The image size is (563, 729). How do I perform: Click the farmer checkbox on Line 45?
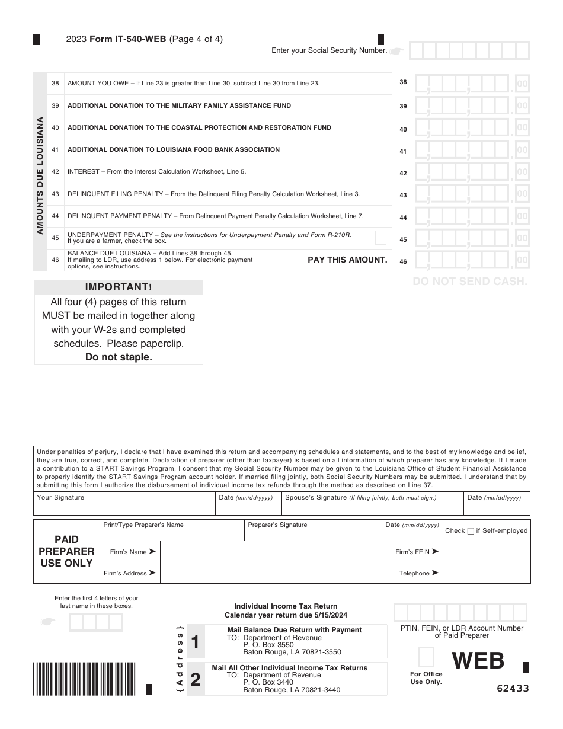(381, 238)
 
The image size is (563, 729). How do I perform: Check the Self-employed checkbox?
(471, 531)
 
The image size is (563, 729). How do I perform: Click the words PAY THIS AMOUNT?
(347, 260)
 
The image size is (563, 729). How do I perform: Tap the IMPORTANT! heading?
(119, 287)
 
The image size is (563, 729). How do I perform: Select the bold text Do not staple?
(119, 357)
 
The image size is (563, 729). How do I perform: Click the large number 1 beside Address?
(196, 641)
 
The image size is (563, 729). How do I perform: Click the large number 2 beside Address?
(196, 679)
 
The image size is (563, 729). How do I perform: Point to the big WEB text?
(478, 660)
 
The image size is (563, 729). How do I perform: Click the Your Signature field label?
(60, 498)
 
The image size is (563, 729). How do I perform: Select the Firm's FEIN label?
(413, 552)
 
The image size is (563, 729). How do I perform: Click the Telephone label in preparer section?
(414, 573)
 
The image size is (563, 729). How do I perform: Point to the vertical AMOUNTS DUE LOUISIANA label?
(40, 175)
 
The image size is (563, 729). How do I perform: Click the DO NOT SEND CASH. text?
(470, 282)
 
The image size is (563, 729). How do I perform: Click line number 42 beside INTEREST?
(55, 172)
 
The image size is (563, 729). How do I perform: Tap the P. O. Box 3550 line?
(268, 645)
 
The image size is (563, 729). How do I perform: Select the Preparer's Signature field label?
(277, 525)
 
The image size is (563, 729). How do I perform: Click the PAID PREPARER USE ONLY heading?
(66, 551)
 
